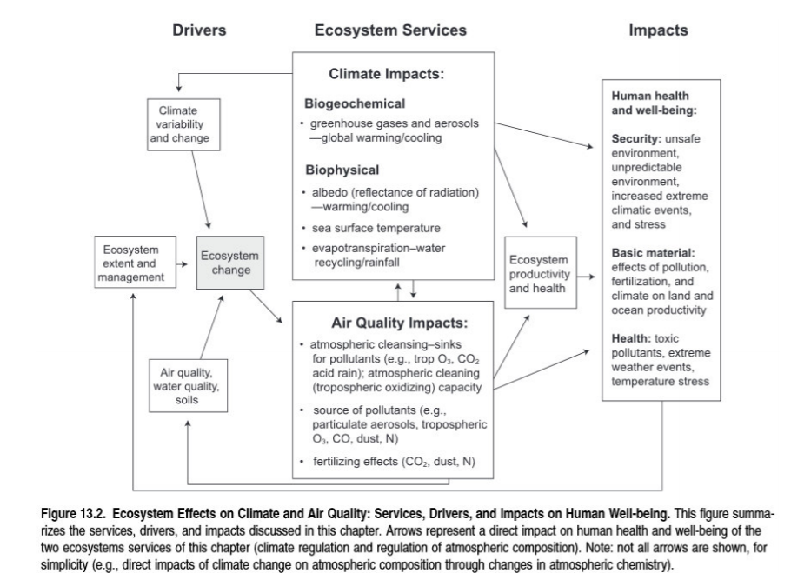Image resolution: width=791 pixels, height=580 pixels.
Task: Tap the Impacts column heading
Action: (658, 30)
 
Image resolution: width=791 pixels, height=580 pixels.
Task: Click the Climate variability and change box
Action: (178, 124)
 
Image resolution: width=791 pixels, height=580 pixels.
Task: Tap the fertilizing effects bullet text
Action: (391, 460)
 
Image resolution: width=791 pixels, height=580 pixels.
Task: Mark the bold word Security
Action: (636, 139)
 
